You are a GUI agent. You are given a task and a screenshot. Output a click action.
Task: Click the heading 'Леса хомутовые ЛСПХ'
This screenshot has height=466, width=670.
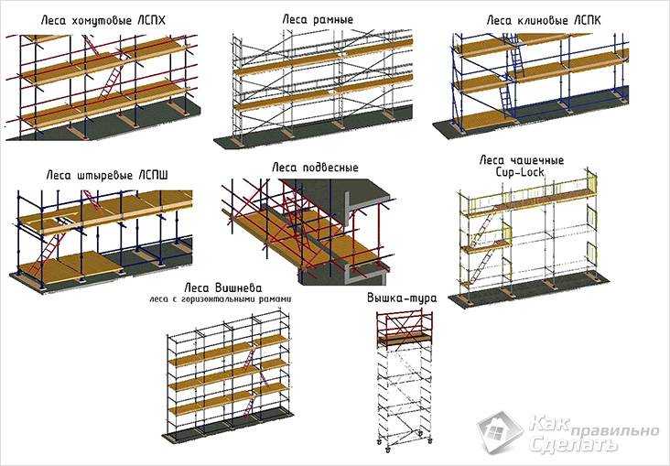point(103,20)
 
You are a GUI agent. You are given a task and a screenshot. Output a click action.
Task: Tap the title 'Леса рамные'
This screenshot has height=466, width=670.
point(318,19)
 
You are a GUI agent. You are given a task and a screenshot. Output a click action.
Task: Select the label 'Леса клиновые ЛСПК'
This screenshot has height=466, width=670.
point(544,20)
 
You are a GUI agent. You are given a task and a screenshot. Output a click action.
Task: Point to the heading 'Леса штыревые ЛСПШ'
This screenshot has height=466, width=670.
point(107,175)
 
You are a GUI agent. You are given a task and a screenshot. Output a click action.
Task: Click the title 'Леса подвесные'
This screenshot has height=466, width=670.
point(315,168)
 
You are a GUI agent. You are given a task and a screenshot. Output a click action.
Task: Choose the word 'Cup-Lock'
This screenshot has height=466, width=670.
point(520,172)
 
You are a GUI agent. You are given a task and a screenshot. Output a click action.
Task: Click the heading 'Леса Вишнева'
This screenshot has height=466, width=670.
point(223,287)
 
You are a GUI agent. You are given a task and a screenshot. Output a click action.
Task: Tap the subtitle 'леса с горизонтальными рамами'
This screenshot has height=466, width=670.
point(221,299)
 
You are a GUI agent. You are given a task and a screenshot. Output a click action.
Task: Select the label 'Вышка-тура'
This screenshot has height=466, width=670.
point(402,298)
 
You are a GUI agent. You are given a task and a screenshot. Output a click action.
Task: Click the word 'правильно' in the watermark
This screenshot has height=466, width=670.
point(614,431)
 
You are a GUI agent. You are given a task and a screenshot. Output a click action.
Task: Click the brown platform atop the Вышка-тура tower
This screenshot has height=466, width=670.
point(404,339)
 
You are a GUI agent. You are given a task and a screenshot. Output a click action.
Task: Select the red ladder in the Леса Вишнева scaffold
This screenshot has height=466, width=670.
point(251,382)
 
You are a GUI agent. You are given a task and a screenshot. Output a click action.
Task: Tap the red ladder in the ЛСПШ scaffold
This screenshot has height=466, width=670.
point(48,253)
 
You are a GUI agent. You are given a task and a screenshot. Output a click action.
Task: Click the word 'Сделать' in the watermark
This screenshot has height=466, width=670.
point(573,444)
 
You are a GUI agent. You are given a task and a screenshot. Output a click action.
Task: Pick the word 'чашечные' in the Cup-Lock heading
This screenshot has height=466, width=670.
point(537,161)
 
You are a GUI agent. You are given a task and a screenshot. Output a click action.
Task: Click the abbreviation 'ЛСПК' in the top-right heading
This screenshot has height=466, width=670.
point(583,20)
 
